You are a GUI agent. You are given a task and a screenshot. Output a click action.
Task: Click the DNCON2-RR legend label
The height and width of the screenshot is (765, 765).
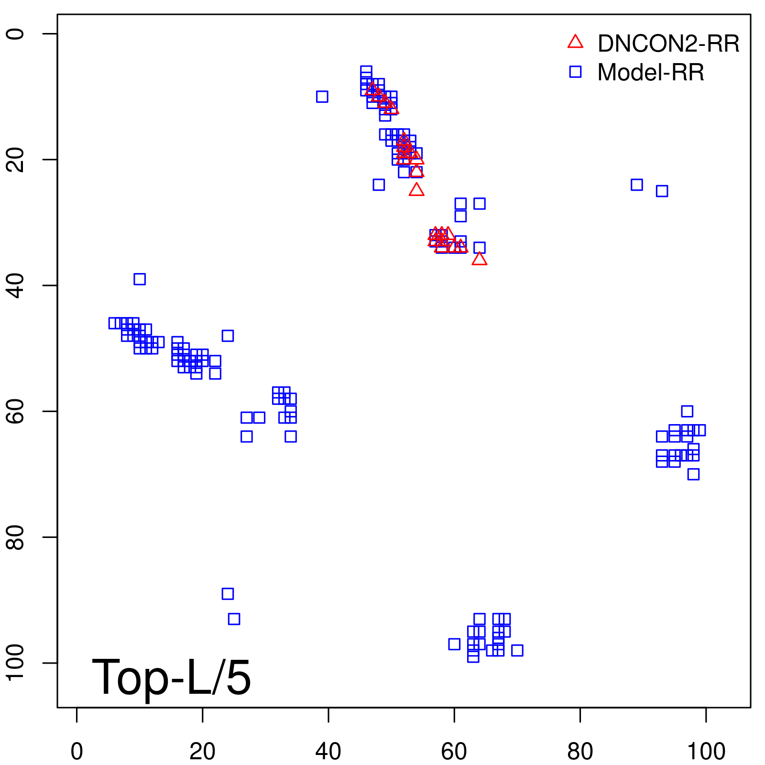coord(668,44)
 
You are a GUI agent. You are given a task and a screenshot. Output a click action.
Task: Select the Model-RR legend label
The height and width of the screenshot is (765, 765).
coord(650,73)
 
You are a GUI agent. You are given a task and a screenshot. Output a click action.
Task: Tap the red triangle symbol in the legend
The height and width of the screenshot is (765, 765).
coord(575,42)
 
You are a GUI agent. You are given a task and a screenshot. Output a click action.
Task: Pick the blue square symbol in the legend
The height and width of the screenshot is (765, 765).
coord(575,72)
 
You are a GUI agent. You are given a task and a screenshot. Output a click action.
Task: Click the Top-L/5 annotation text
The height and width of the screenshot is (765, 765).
coord(171,677)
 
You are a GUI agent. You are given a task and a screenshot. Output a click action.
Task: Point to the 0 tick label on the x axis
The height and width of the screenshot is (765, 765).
coord(76,752)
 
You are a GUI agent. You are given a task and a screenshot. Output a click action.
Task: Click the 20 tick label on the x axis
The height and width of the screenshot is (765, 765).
coord(202,752)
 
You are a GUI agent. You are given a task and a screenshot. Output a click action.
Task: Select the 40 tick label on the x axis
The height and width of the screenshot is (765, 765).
coord(328,752)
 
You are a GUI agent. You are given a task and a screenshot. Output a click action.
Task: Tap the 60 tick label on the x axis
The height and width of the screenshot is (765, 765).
coord(454,752)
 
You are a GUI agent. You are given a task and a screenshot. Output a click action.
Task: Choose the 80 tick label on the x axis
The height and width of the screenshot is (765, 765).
coord(580,752)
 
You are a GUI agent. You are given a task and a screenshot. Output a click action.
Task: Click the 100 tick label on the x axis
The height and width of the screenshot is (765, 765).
coord(706,752)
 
